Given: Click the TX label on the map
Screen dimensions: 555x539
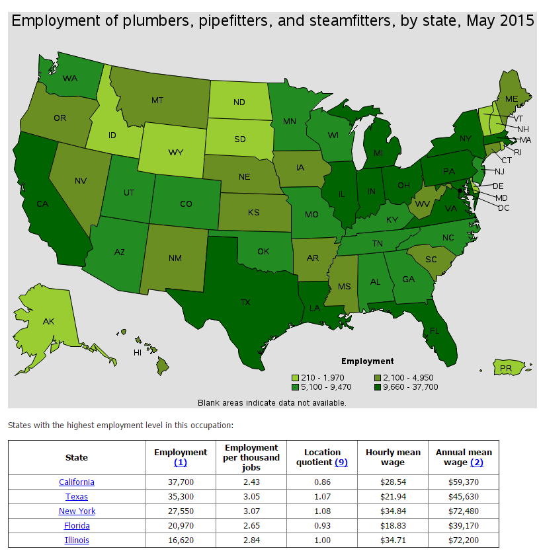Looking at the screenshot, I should pos(245,302).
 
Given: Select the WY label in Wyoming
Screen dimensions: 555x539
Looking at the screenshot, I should pos(175,152).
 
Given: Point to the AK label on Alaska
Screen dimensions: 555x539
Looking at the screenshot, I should pos(48,321).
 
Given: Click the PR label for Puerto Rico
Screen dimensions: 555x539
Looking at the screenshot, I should pos(506,367).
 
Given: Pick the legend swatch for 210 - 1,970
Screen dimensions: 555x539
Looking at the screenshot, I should pos(295,378).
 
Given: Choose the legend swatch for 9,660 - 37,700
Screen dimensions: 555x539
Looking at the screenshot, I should pos(378,387).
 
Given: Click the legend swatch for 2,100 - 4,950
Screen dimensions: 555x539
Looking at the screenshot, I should pos(378,378).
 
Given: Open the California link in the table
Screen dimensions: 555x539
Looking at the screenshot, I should pos(77,482).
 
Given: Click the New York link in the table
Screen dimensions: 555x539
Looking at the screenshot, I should pos(77,511).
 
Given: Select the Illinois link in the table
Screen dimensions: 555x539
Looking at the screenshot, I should pos(77,540).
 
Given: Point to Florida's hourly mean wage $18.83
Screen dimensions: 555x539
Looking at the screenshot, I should pos(393,526).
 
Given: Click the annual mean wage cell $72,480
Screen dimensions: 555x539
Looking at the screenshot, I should pos(463,511).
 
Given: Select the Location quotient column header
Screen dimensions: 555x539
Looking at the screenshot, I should pos(322,457).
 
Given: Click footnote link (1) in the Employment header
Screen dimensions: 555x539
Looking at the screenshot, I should pos(181,462).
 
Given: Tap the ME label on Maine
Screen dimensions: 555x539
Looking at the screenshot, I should pos(511,98).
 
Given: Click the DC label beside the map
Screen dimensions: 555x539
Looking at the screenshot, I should pos(503,207).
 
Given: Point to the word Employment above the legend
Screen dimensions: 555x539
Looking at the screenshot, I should pos(367,361).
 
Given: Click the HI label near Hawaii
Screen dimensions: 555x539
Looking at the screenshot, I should pos(138,352).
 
